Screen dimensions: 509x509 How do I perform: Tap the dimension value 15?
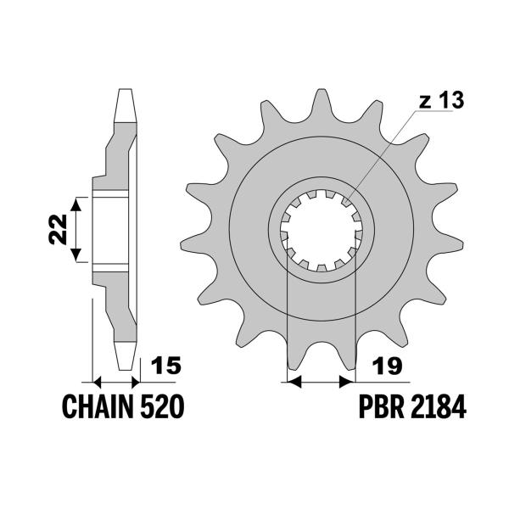pos(165,366)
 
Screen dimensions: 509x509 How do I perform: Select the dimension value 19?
pos(384,366)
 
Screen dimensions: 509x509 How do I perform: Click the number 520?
pos(160,408)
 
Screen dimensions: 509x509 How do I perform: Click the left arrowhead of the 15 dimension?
pos(95,382)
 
